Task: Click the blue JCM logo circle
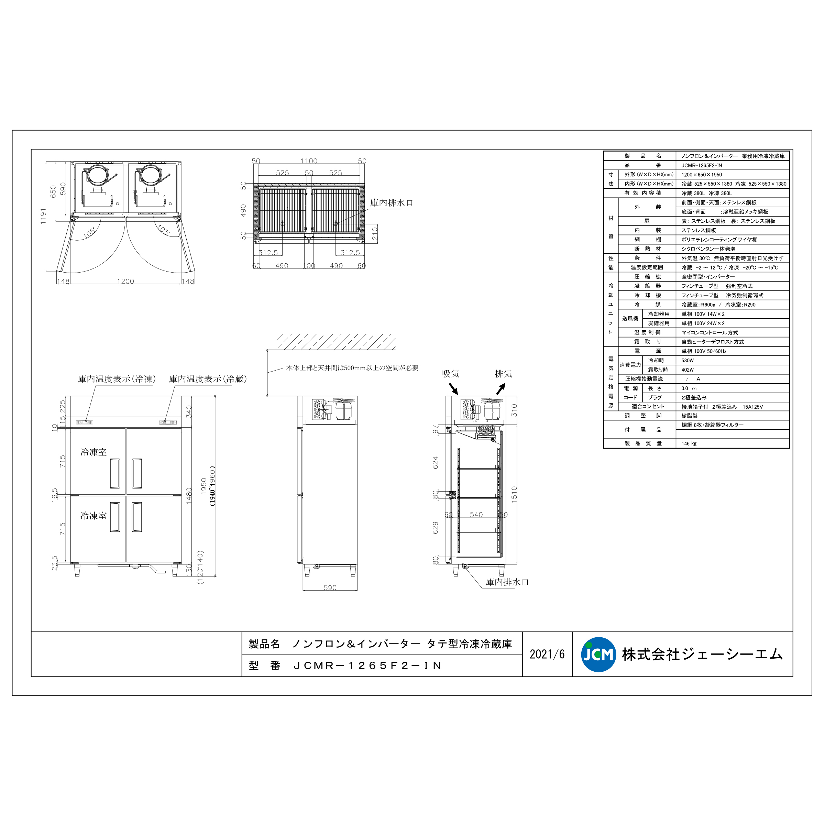pos(598,654)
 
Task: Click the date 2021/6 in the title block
pos(547,654)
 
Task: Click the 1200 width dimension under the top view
pos(125,281)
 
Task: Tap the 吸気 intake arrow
pos(453,388)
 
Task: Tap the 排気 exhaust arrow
pos(500,388)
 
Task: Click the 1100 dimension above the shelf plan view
pos(309,161)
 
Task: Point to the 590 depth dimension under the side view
pos(330,587)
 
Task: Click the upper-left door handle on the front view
pos(115,473)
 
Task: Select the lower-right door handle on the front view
pos(137,517)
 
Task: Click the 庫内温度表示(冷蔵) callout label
pos(208,379)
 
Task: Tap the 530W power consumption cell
pos(687,360)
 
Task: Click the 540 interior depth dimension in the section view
pos(476,515)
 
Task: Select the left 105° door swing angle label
pos(89,233)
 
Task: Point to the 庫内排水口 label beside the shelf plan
pos(391,203)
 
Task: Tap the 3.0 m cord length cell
pos(688,388)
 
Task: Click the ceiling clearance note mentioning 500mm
pos(352,368)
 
